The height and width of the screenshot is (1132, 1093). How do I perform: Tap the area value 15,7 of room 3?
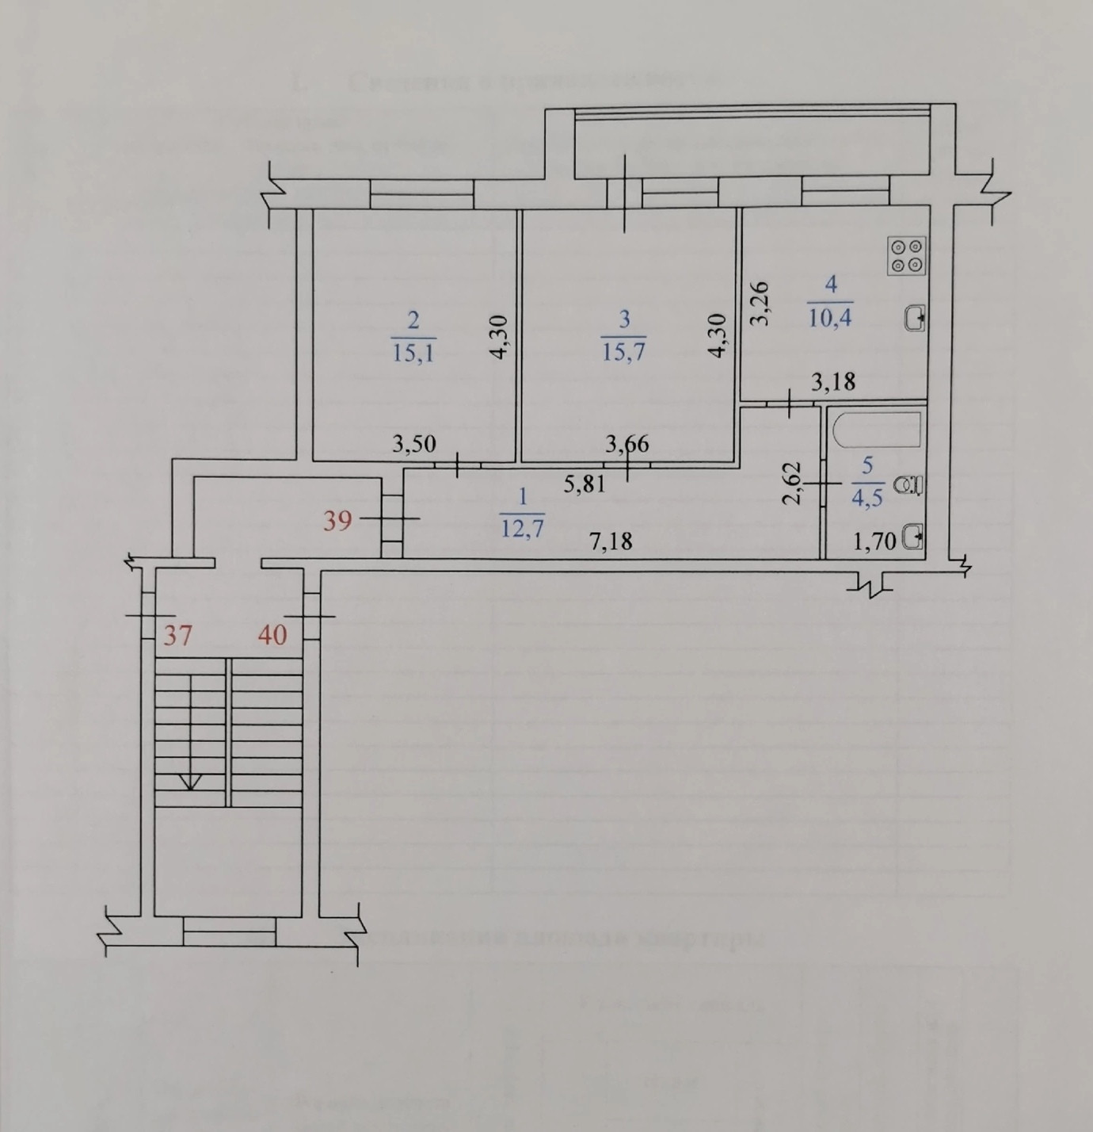tap(624, 352)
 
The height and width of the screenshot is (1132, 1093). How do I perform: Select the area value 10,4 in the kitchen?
tap(830, 318)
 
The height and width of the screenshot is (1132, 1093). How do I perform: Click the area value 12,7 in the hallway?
tap(522, 527)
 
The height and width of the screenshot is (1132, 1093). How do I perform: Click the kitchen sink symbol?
tap(916, 319)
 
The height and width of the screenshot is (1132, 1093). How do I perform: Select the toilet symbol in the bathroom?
tap(908, 484)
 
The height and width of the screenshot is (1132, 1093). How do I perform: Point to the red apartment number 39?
tap(337, 521)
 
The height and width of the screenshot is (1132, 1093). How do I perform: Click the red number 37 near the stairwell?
tap(177, 635)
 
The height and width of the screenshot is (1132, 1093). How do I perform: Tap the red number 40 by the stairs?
tap(272, 635)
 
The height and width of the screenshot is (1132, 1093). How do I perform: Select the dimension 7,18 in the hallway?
tap(611, 542)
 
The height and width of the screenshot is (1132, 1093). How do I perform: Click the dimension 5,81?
tap(585, 483)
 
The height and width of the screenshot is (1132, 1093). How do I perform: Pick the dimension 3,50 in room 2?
tap(414, 444)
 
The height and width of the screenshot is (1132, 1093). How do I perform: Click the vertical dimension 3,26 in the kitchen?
tap(760, 304)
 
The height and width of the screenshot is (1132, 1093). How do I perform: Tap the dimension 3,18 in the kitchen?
tap(834, 381)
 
